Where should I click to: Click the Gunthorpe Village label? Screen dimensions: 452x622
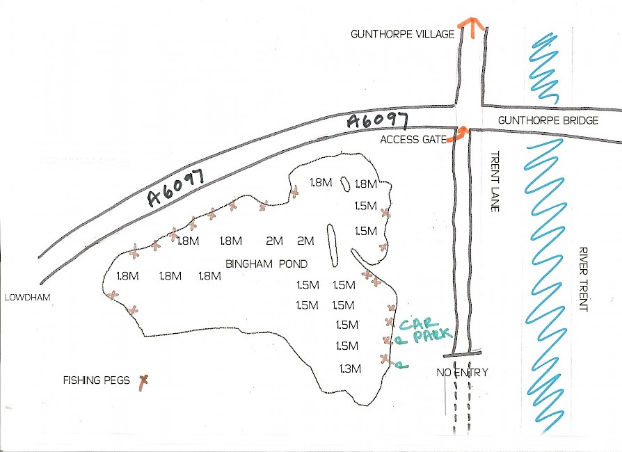[x=403, y=33]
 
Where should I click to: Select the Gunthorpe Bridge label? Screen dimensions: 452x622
[x=548, y=120]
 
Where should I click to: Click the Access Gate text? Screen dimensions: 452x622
[x=413, y=140]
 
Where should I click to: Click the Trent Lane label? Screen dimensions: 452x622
[x=495, y=181]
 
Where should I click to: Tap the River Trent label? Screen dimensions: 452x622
[x=583, y=279]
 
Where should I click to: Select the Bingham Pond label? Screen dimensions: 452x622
[x=266, y=264]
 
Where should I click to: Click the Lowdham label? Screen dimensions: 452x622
[x=24, y=297]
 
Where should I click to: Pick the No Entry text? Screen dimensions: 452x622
[x=462, y=373]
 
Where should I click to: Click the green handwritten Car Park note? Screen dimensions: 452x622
[x=418, y=330]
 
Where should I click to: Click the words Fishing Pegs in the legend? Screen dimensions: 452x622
[x=97, y=380]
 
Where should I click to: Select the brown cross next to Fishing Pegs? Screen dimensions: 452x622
[x=144, y=380]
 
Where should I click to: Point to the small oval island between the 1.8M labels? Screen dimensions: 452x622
[x=345, y=184]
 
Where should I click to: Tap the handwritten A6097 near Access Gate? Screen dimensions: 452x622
[x=376, y=121]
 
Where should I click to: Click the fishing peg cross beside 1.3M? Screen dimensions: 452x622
[x=384, y=358]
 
